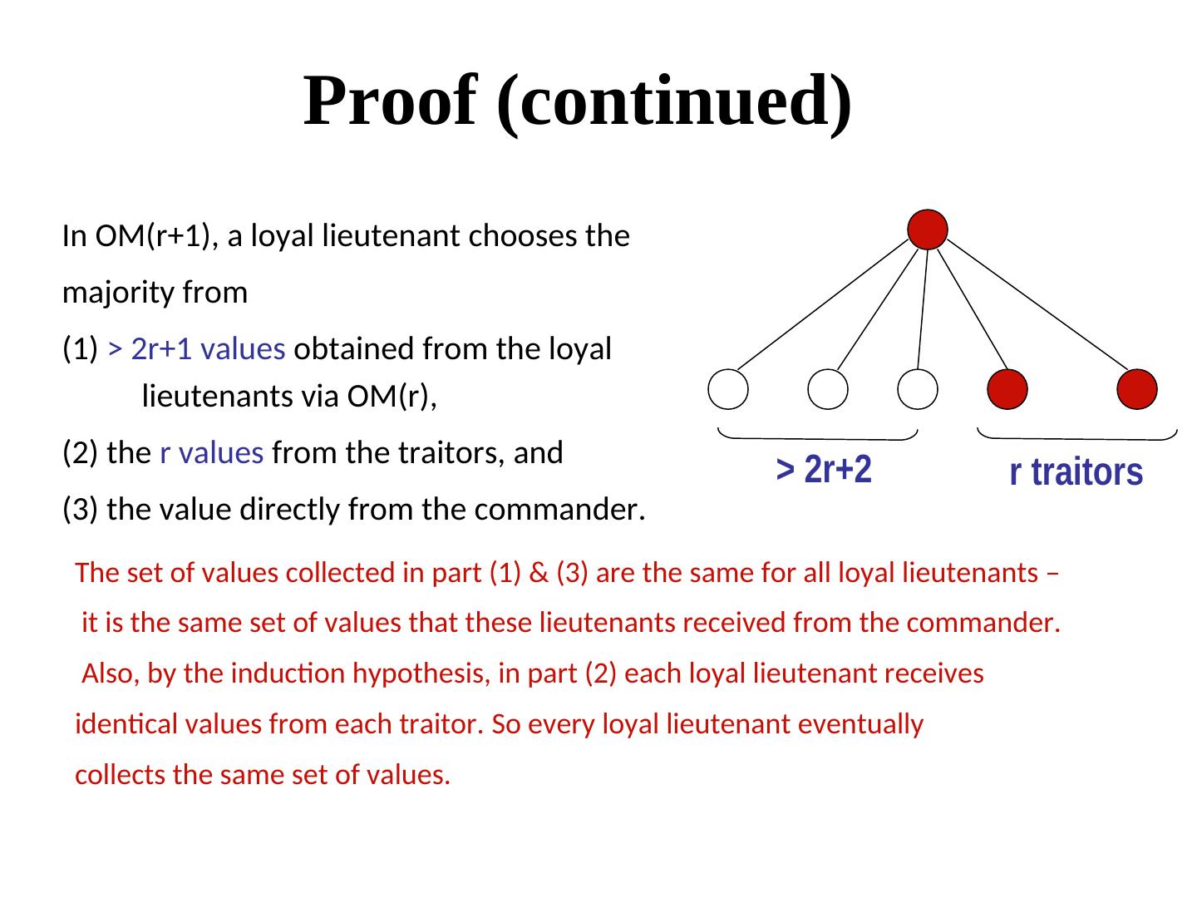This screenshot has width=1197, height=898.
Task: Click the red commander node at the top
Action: (x=928, y=229)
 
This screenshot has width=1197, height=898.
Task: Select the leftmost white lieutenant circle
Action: (x=728, y=389)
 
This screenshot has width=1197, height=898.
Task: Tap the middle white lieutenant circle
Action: (x=828, y=389)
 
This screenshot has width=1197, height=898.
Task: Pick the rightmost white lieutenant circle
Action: (x=919, y=389)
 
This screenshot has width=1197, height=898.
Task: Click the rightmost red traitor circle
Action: (x=1137, y=389)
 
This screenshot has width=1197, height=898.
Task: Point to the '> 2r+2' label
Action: (x=824, y=471)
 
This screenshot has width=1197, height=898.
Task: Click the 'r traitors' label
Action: (x=1076, y=472)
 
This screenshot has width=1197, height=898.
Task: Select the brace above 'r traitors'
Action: (x=1077, y=435)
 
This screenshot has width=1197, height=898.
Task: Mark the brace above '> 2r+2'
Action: (x=818, y=435)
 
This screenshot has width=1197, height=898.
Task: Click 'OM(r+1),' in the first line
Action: (x=157, y=237)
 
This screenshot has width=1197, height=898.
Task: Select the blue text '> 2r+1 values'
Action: (x=197, y=349)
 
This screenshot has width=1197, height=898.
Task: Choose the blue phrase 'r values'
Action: (x=211, y=453)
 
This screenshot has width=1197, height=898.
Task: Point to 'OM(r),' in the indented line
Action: (x=392, y=398)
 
